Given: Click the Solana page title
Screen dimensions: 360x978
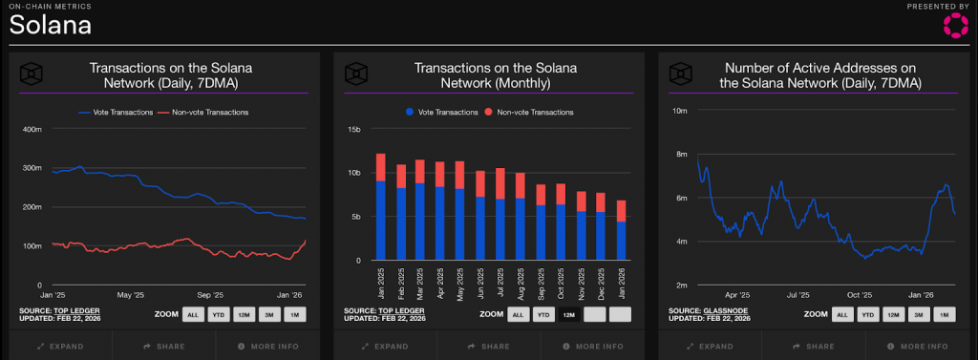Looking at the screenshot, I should [x=51, y=26].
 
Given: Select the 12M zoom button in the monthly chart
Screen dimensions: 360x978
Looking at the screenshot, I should [x=569, y=314].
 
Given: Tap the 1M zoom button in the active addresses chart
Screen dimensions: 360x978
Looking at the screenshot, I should [x=944, y=314].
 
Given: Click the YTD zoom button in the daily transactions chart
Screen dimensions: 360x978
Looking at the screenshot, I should [x=218, y=314].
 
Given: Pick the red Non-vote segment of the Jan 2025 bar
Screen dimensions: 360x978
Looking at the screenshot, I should [x=380, y=167].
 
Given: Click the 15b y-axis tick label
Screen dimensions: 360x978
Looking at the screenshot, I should [x=353, y=129].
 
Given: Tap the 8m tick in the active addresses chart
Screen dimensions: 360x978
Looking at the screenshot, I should [x=680, y=154].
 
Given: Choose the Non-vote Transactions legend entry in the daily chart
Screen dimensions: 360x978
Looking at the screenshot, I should [x=210, y=112].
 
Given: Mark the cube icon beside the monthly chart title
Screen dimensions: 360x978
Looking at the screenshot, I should [x=355, y=74].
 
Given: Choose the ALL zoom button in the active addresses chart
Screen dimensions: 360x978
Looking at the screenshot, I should [x=842, y=314].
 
